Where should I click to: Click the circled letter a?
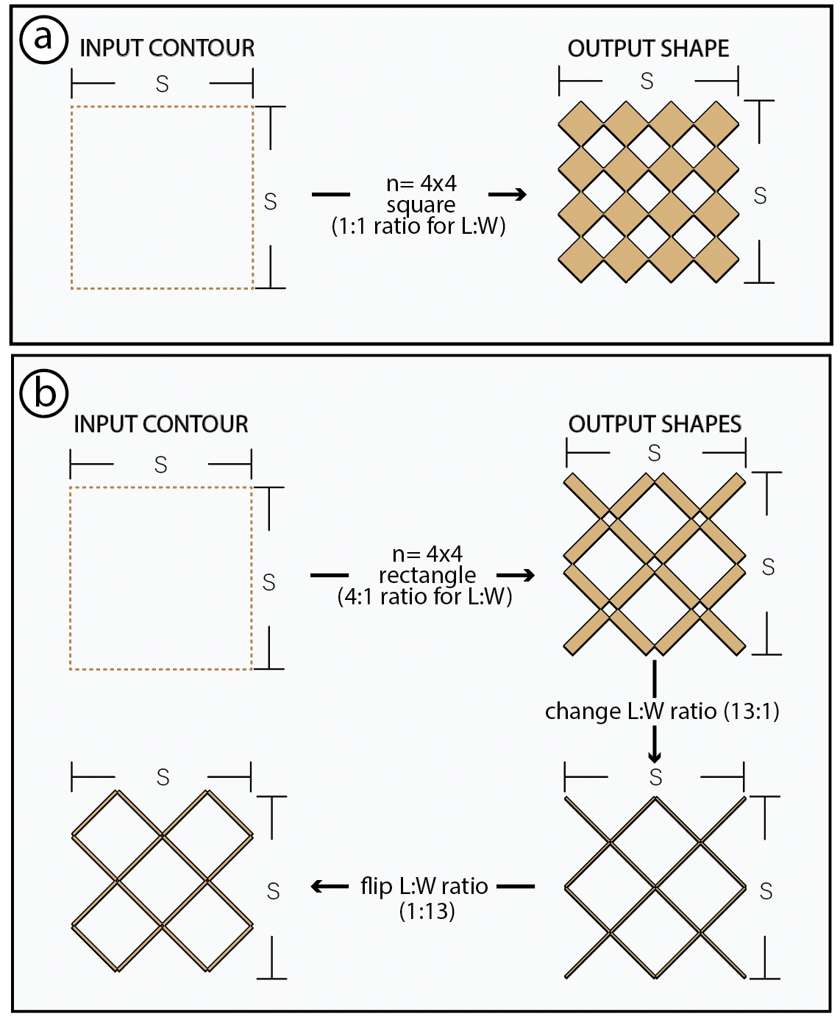(43, 38)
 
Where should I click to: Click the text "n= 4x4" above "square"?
(421, 183)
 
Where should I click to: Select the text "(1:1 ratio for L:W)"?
(419, 226)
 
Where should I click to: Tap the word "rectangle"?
(427, 575)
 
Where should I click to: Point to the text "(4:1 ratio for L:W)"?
(424, 596)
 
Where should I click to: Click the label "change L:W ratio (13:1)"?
(662, 712)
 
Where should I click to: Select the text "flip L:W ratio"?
(424, 886)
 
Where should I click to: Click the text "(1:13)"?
(427, 912)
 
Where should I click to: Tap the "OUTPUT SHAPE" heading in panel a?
(648, 49)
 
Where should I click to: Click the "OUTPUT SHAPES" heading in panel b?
(655, 424)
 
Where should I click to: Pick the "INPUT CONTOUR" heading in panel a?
(167, 49)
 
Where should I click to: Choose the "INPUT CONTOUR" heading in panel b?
(161, 424)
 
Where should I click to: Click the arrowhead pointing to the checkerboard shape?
(520, 194)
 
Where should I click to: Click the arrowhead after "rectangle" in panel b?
(527, 575)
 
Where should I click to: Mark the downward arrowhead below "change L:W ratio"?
(654, 757)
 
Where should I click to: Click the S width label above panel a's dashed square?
(163, 85)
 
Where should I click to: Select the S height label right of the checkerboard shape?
(760, 196)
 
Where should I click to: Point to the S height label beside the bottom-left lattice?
(273, 891)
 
